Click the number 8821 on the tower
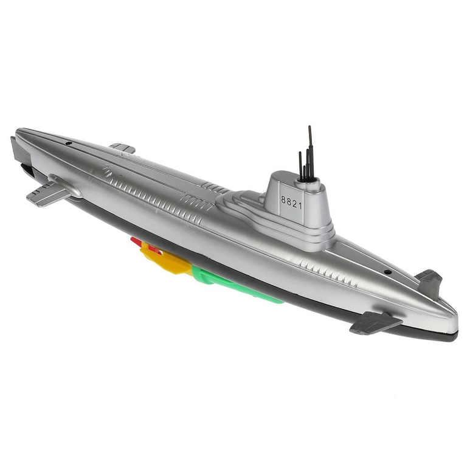pos(292,203)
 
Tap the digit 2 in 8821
pos(294,204)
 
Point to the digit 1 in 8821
pos(300,206)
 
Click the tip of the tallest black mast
pos(310,126)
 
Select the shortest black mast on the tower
pos(304,173)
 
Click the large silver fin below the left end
pos(50,192)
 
